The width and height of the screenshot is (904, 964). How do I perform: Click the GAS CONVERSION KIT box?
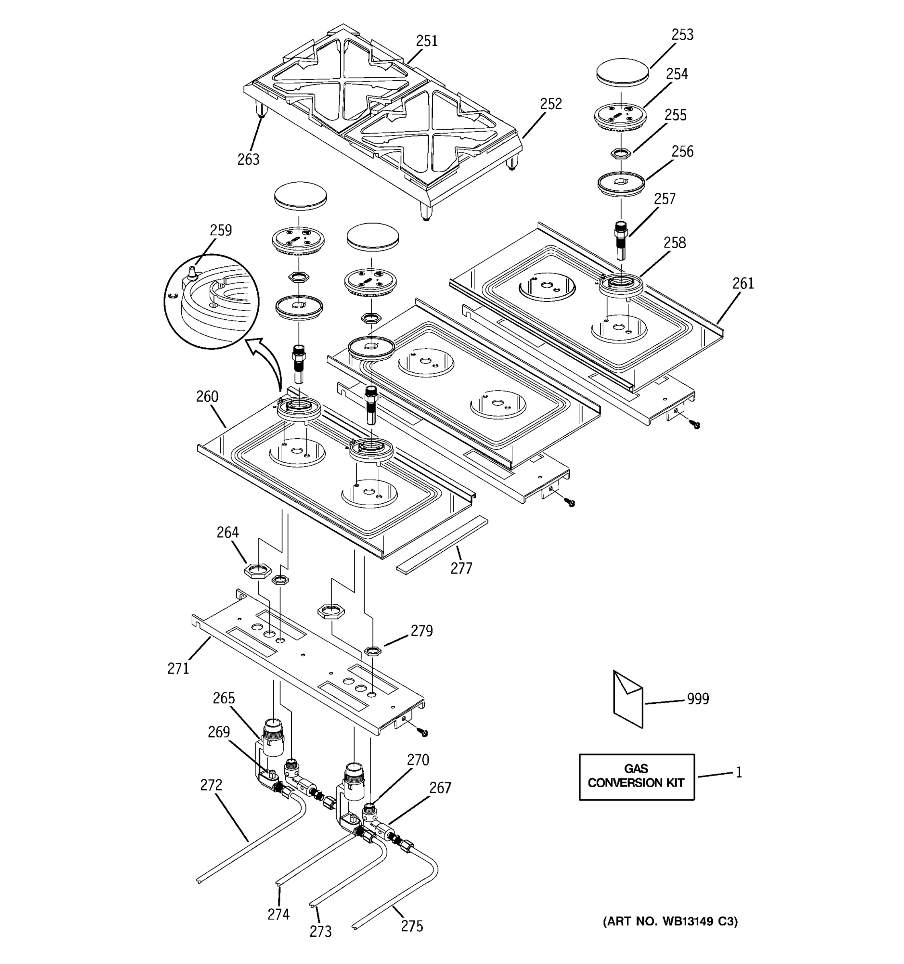pos(636,776)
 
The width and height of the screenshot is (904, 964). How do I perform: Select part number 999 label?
pos(697,699)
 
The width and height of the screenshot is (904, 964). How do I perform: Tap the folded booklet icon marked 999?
pos(628,699)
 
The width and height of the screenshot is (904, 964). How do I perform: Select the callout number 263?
pos(248,159)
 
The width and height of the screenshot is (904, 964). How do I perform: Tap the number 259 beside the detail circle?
pos(221,230)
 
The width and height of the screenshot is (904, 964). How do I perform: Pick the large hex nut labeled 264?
pos(258,571)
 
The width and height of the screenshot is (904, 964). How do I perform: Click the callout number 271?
pos(178,669)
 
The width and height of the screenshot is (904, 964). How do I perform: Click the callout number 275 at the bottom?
pos(412,926)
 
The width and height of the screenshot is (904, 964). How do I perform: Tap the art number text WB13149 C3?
pos(670,922)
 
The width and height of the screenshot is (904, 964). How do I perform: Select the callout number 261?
pos(743,284)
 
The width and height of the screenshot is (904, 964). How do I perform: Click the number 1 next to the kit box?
pos(738,772)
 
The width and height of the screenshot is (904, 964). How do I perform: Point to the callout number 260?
pos(207,397)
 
